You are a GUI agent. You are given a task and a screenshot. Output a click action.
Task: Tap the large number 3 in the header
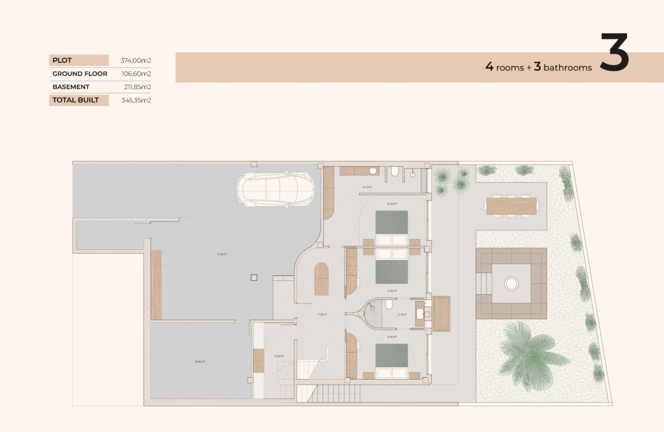pos(615,53)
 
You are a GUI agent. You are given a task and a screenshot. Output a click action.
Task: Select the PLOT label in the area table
pos(62,61)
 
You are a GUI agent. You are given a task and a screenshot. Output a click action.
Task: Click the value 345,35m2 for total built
pos(135,100)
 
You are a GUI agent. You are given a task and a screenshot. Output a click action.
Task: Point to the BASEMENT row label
pos(71,87)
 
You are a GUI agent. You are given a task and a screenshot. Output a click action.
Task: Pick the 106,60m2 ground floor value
pos(135,74)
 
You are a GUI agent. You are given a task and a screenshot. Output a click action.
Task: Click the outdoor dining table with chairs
pos(510,206)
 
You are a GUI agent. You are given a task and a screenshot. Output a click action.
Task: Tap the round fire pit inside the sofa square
pos(511,282)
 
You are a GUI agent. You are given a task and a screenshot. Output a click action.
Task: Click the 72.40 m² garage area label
pos(222,254)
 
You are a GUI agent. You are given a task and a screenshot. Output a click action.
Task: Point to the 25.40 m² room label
pos(199,362)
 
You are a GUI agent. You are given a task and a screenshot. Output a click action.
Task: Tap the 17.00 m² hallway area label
pos(322,314)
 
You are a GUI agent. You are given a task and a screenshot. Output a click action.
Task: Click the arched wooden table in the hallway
pos(321,278)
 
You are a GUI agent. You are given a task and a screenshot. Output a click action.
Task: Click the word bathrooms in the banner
pos(567,67)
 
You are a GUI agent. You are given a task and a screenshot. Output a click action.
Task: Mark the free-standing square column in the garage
pos(253,278)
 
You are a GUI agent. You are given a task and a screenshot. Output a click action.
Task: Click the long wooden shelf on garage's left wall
pos(156,284)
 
